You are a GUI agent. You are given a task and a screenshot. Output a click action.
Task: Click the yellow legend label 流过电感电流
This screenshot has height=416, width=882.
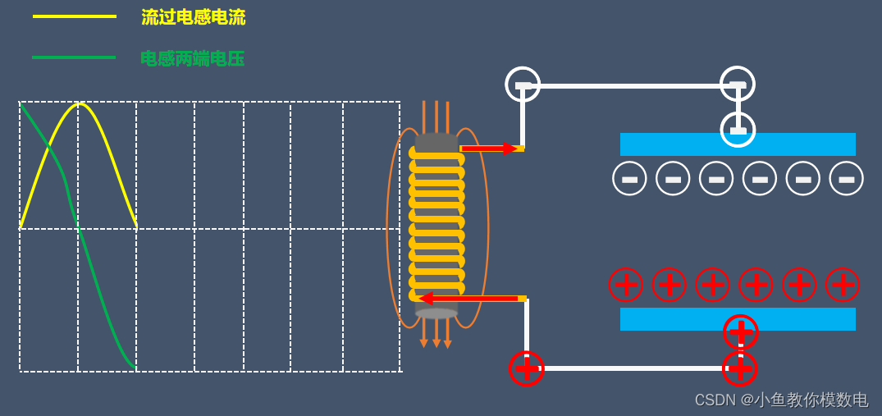[193, 17]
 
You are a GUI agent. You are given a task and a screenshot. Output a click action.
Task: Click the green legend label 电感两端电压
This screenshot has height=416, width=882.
[192, 58]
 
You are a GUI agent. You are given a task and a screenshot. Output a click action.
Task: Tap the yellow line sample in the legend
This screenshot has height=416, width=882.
[74, 16]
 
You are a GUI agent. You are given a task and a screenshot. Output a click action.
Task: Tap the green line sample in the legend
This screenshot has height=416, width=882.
[74, 57]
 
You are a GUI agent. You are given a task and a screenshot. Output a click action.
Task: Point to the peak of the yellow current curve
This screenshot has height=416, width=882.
[79, 104]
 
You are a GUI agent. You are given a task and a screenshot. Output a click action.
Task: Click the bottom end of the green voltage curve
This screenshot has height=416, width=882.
[134, 368]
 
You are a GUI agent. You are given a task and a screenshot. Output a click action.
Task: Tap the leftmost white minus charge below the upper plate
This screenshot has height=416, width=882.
[629, 179]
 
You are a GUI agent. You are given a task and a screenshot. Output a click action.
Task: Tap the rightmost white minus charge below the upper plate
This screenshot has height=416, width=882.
[846, 179]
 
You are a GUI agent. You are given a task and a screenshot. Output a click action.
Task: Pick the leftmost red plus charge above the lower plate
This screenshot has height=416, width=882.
[625, 285]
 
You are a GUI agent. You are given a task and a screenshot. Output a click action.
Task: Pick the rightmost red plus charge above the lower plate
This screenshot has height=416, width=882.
[843, 285]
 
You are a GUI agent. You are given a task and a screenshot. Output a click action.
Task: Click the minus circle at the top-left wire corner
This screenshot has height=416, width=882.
[523, 85]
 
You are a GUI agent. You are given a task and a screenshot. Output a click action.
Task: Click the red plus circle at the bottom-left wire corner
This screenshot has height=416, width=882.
[527, 368]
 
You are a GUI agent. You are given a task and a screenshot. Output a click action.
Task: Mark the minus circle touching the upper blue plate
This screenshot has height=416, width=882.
[738, 130]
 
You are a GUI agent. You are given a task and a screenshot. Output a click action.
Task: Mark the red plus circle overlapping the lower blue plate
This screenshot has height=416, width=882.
[740, 331]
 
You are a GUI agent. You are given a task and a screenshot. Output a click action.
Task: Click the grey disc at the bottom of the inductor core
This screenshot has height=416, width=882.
[436, 313]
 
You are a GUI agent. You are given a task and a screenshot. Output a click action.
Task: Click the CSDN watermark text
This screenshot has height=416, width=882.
[781, 400]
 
